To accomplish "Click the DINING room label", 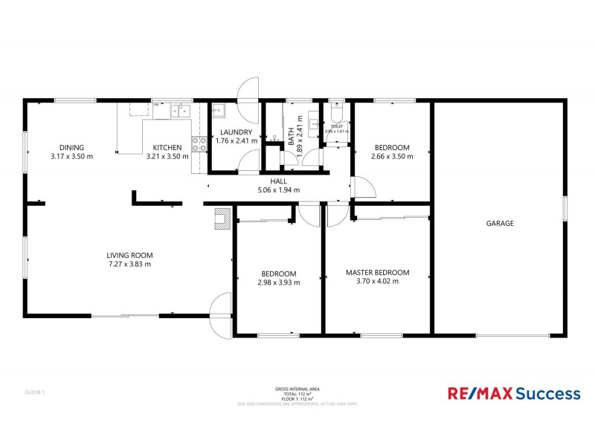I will point(71,147).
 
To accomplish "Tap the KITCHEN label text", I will point(167,147).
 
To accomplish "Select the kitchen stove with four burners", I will point(199,144).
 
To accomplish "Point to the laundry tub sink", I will point(218,112).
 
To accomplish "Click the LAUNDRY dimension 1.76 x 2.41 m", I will point(236,140).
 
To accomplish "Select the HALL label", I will point(278,181).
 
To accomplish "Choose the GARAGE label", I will point(500,223).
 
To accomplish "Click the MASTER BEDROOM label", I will point(377,273).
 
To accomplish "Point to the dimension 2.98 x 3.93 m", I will point(278,282).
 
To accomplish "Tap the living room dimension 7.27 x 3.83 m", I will point(129,264).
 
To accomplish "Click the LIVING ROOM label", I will point(129,255).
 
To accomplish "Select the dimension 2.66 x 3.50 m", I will point(391,156).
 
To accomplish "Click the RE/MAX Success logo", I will point(512,392).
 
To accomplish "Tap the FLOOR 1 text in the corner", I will point(35,392).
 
